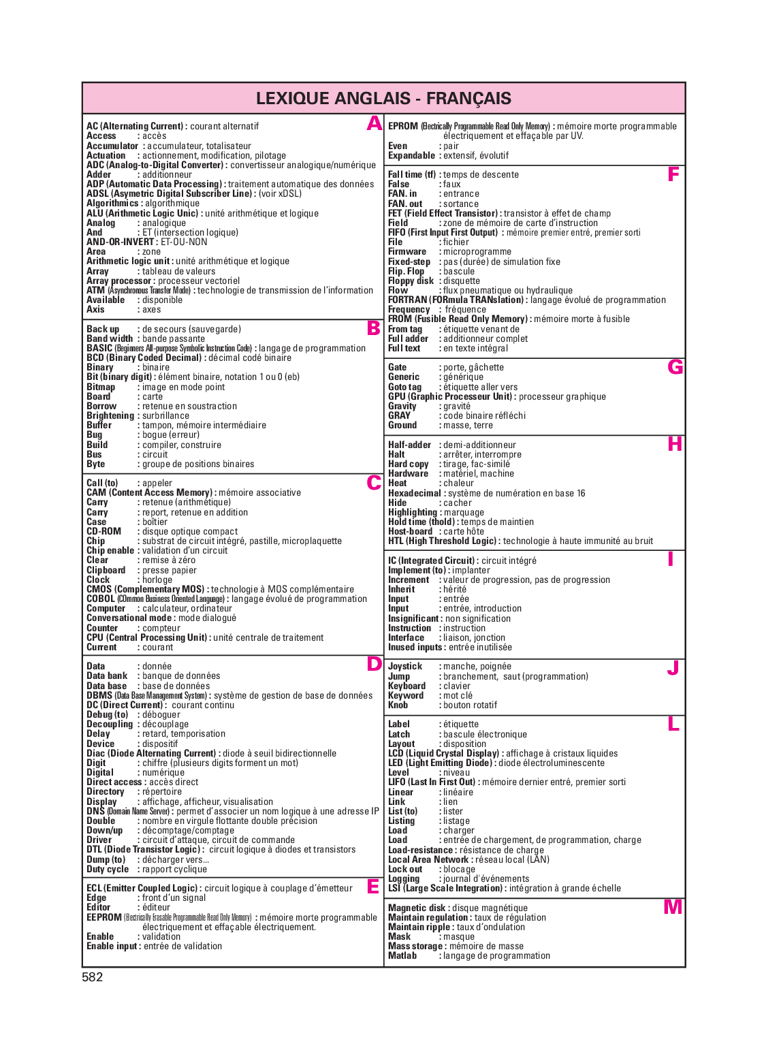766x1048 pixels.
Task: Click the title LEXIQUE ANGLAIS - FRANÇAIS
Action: click(383, 99)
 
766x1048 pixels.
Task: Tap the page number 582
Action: click(92, 977)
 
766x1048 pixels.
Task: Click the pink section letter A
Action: click(374, 124)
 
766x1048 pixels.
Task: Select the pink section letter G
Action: click(675, 368)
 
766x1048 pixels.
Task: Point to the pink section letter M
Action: click(673, 907)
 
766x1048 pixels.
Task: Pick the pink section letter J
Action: click(673, 668)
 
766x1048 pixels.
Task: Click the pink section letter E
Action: click(373, 887)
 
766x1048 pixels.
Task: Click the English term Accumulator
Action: click(112, 146)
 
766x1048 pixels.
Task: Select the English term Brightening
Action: click(110, 415)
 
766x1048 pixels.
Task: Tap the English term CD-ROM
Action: click(103, 531)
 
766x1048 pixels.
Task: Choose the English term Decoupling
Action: click(110, 724)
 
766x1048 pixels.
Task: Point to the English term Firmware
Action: click(407, 251)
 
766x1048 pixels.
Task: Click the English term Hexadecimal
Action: click(415, 493)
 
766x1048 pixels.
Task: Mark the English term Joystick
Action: click(405, 666)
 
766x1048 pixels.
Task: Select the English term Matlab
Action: click(402, 955)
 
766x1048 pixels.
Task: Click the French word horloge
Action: click(157, 579)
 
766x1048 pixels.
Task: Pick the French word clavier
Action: click(457, 686)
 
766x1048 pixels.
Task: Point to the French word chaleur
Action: click(458, 483)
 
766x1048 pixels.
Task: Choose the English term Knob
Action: click(398, 705)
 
